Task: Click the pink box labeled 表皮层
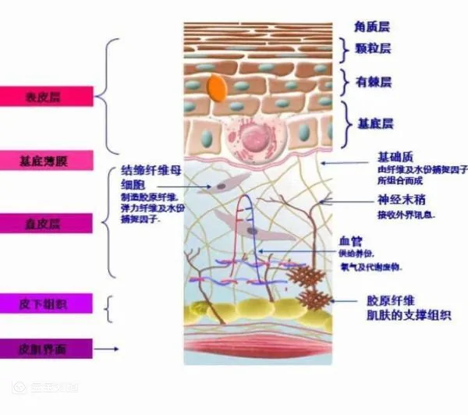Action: (47, 97)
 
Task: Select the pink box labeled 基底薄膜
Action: (47, 161)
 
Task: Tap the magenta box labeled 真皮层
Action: (47, 224)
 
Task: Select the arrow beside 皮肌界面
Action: (108, 349)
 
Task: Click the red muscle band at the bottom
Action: (257, 348)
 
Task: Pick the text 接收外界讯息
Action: (406, 214)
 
